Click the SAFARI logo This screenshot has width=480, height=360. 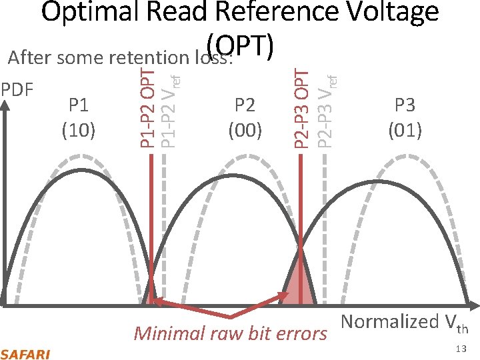(25, 353)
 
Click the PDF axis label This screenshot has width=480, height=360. (18, 89)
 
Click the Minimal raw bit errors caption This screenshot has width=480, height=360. (230, 333)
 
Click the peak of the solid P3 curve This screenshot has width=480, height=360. (379, 181)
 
